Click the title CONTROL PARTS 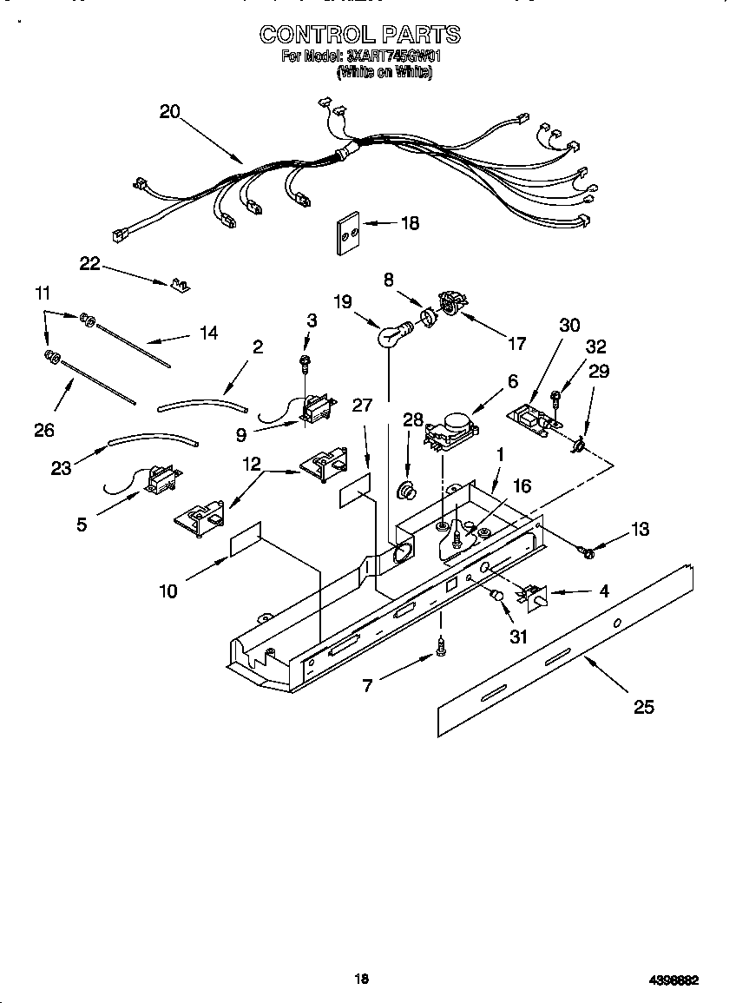click(360, 35)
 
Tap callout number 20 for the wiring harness click(170, 111)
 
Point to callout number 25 click(643, 707)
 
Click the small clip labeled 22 click(181, 284)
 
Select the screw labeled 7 click(443, 645)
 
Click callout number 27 click(363, 405)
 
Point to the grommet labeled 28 click(404, 491)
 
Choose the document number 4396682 click(674, 980)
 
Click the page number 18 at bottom click(362, 979)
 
